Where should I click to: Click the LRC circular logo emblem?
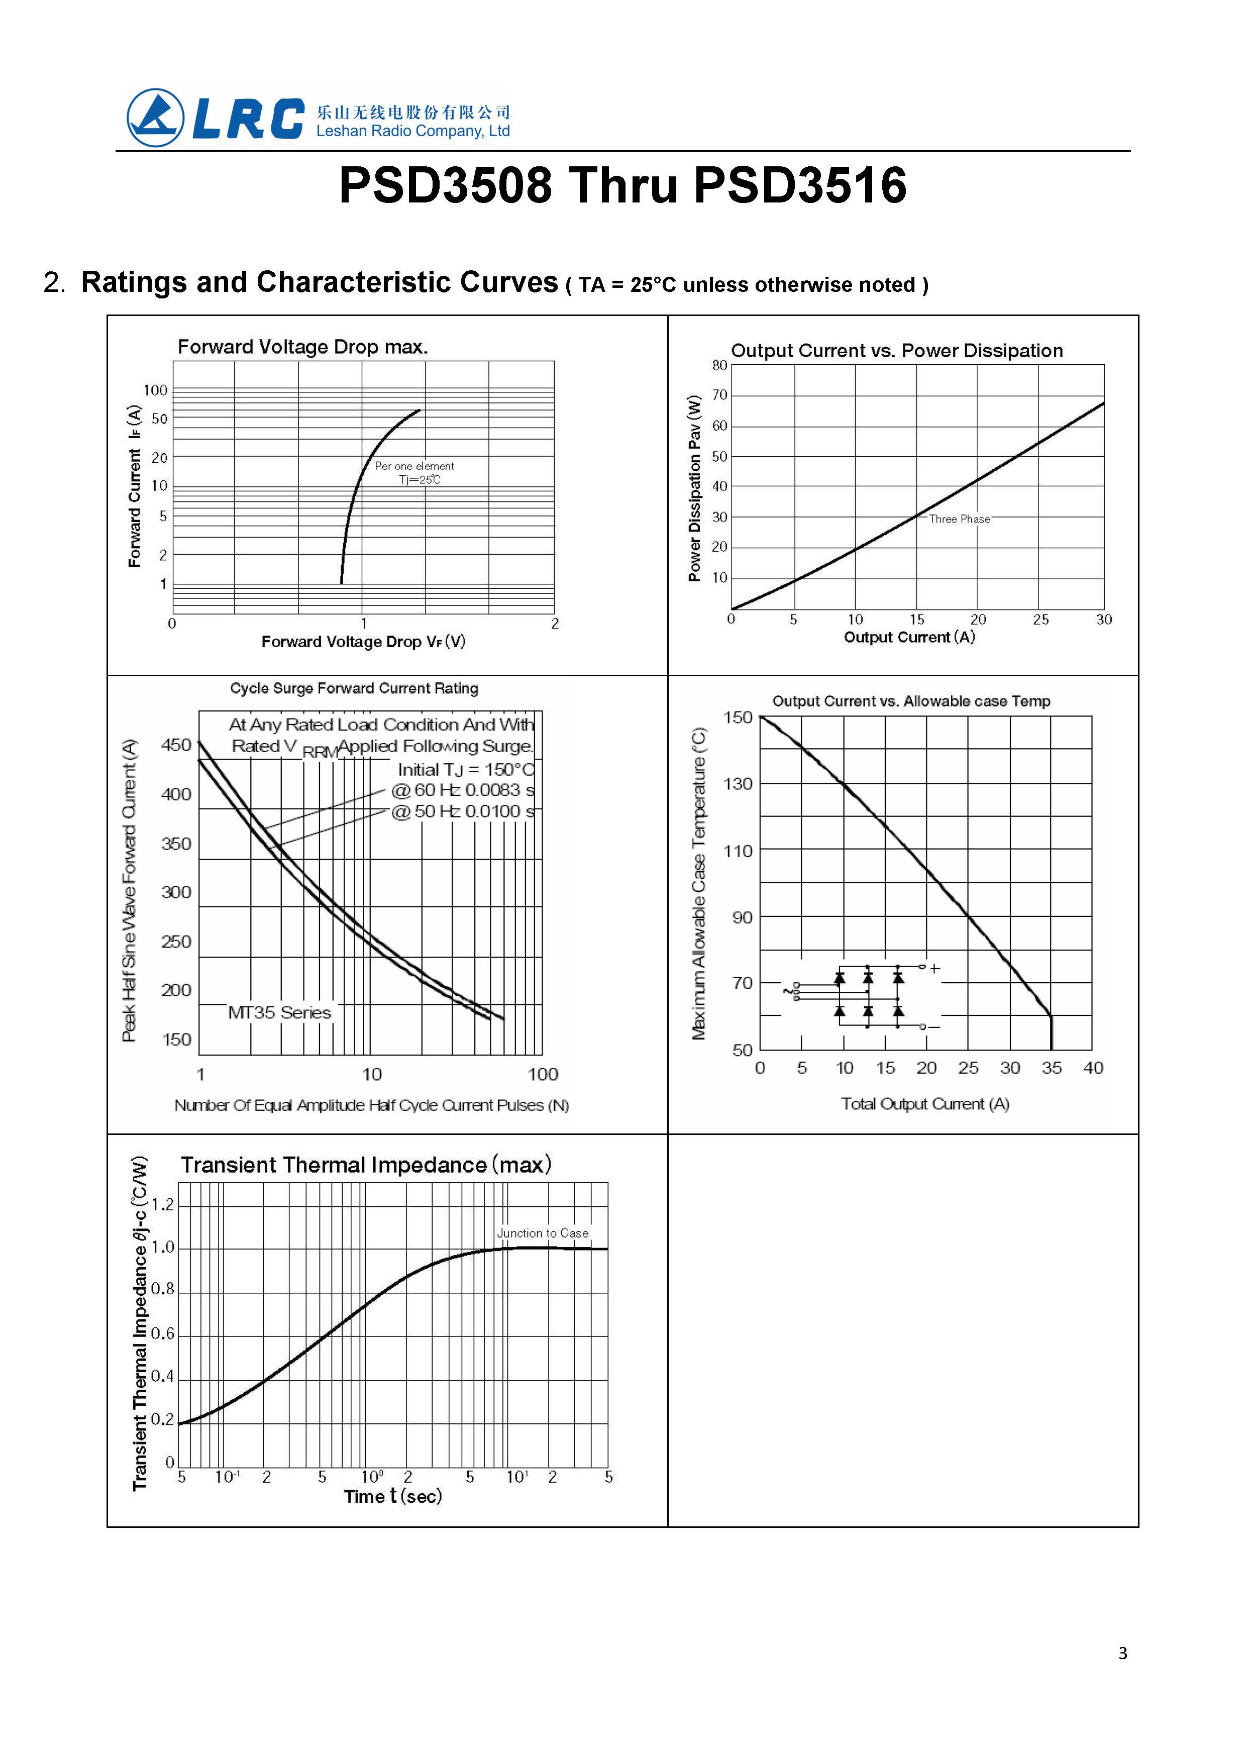[156, 118]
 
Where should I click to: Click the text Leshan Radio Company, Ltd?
[413, 131]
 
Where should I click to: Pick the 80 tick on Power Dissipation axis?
[719, 365]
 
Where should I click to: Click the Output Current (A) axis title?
[909, 637]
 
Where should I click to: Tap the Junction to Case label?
[543, 1233]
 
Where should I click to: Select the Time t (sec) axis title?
[393, 1496]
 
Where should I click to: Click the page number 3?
[1122, 1653]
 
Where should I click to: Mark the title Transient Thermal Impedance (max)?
[366, 1165]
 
